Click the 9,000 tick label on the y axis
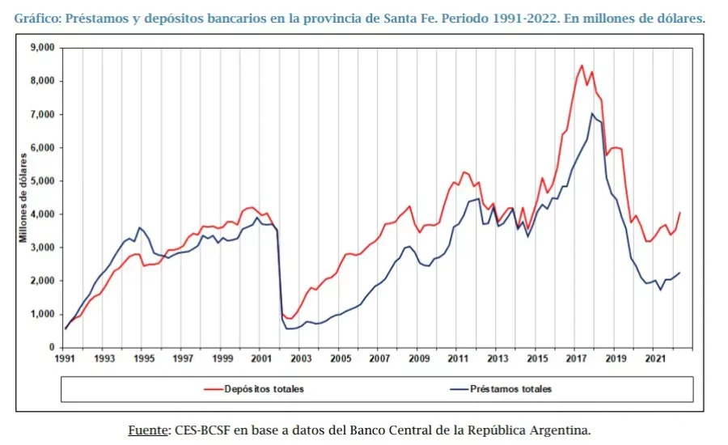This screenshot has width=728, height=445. pyautogui.click(x=41, y=48)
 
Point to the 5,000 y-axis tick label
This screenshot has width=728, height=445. pyautogui.click(x=41, y=180)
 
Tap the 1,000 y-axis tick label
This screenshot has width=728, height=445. pyautogui.click(x=41, y=314)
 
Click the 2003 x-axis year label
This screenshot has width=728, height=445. pyautogui.click(x=301, y=358)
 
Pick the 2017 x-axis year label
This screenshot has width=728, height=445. pyautogui.click(x=577, y=358)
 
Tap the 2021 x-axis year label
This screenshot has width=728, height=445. pyautogui.click(x=655, y=358)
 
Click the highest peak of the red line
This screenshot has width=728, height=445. pyautogui.click(x=582, y=66)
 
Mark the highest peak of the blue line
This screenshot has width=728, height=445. pyautogui.click(x=592, y=113)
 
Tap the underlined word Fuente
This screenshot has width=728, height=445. pyautogui.click(x=148, y=430)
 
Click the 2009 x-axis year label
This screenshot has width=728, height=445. pyautogui.click(x=419, y=358)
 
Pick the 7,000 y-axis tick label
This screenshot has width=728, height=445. pyautogui.click(x=41, y=114)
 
